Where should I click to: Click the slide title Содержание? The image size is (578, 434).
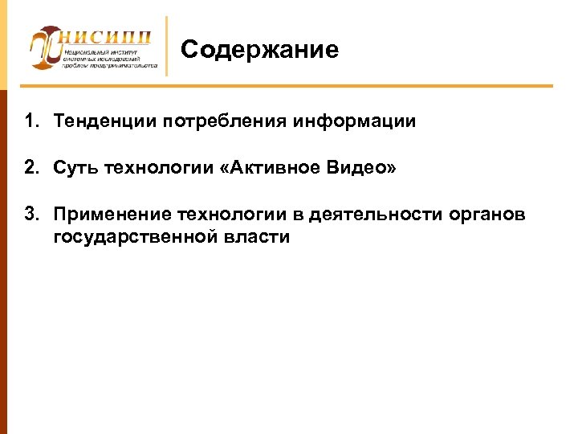[x=259, y=51]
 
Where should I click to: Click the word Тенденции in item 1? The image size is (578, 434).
[x=104, y=122]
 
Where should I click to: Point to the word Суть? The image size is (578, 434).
[x=75, y=169]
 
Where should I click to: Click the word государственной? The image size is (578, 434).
[x=127, y=237]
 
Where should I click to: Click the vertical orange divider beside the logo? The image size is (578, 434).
[x=166, y=47]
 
